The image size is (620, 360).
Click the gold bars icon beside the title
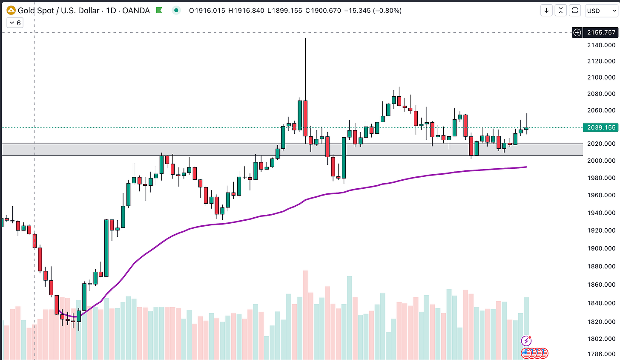tap(11, 11)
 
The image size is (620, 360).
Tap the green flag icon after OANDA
tap(159, 11)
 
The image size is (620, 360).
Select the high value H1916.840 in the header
tap(246, 11)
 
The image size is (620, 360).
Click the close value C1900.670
tap(323, 11)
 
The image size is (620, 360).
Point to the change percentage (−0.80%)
tap(387, 11)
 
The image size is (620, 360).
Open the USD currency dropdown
tap(601, 11)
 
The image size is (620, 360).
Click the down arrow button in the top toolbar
tap(546, 11)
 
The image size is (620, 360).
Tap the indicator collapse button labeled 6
tap(15, 23)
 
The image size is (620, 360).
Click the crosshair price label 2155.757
tap(600, 33)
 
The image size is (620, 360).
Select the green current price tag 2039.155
tap(600, 127)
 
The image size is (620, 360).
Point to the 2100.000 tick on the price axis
tap(601, 77)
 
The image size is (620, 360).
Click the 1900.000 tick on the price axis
tap(601, 248)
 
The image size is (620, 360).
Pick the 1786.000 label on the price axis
tap(601, 354)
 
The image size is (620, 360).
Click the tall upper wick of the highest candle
tap(306, 69)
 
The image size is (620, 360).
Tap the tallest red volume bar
tap(305, 315)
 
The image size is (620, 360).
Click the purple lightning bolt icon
tap(526, 341)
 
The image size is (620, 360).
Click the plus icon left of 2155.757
tap(577, 33)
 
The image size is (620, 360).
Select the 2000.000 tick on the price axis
tap(601, 161)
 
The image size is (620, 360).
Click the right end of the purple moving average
tap(526, 167)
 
